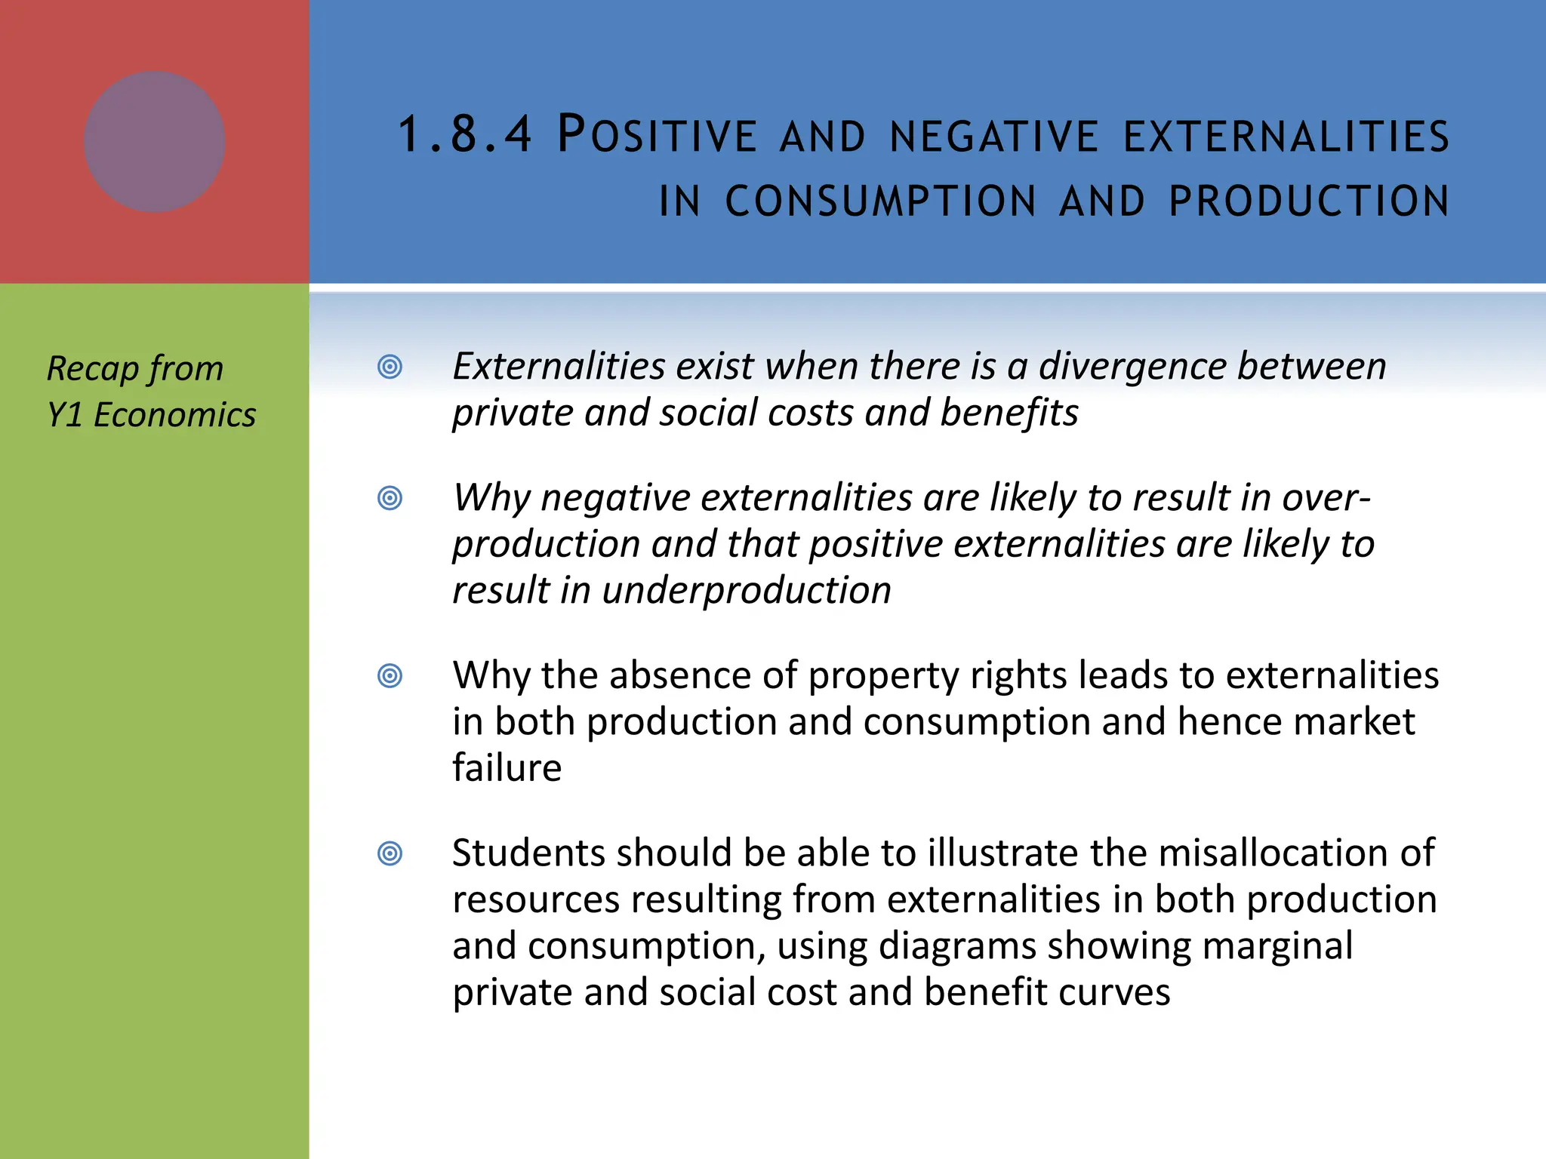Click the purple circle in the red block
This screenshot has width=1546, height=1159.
pyautogui.click(x=155, y=142)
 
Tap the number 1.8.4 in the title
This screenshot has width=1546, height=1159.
pyautogui.click(x=465, y=135)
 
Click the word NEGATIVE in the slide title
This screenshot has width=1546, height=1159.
pyautogui.click(x=994, y=137)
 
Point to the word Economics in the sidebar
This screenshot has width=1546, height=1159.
pyautogui.click(x=175, y=415)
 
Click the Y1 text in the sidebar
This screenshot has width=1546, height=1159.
pyautogui.click(x=64, y=415)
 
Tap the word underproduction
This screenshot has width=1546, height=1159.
pyautogui.click(x=747, y=590)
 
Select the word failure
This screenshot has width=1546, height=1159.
pyautogui.click(x=507, y=768)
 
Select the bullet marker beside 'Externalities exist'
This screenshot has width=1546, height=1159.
pyautogui.click(x=390, y=367)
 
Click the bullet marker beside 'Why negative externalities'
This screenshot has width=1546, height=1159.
pyautogui.click(x=390, y=498)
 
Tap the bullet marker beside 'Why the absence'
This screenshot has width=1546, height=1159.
pyautogui.click(x=390, y=675)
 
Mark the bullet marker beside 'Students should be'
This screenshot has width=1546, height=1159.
pyautogui.click(x=390, y=853)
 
